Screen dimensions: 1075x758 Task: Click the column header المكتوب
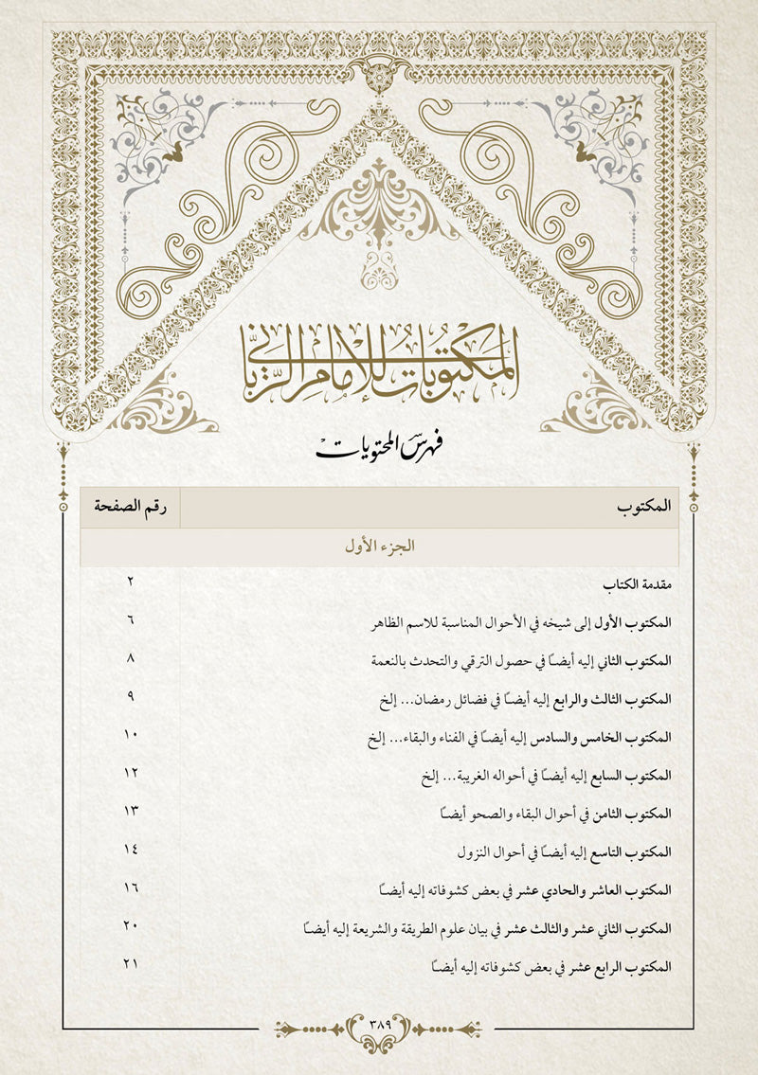point(643,508)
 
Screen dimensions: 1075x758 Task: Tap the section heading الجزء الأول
point(378,546)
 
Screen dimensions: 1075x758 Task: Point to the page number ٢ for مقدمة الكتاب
point(131,580)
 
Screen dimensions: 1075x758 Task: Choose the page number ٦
point(131,618)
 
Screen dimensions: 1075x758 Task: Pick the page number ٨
point(131,657)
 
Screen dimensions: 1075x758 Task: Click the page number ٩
point(131,696)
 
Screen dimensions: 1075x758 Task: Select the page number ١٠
point(131,735)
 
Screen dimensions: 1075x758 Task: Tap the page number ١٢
point(131,774)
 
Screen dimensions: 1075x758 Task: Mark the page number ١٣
point(131,813)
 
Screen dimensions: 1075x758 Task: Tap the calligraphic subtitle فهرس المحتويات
point(379,445)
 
